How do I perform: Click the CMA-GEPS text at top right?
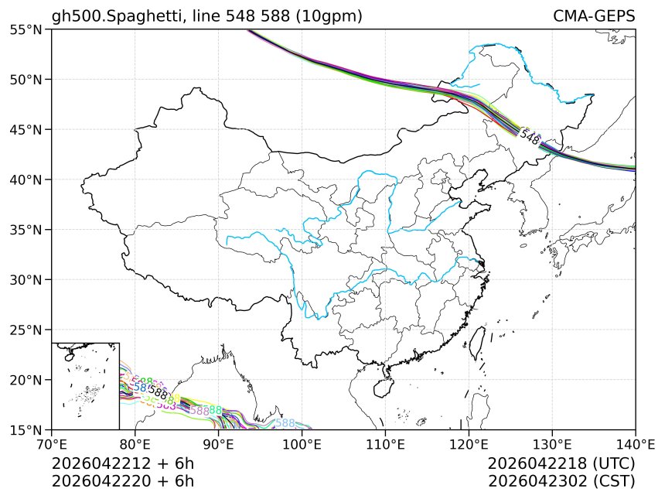[x=594, y=16]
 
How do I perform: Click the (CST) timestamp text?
[x=613, y=480]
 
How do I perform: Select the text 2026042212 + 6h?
[x=123, y=463]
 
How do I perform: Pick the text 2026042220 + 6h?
[x=123, y=480]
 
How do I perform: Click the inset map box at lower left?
[x=85, y=385]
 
